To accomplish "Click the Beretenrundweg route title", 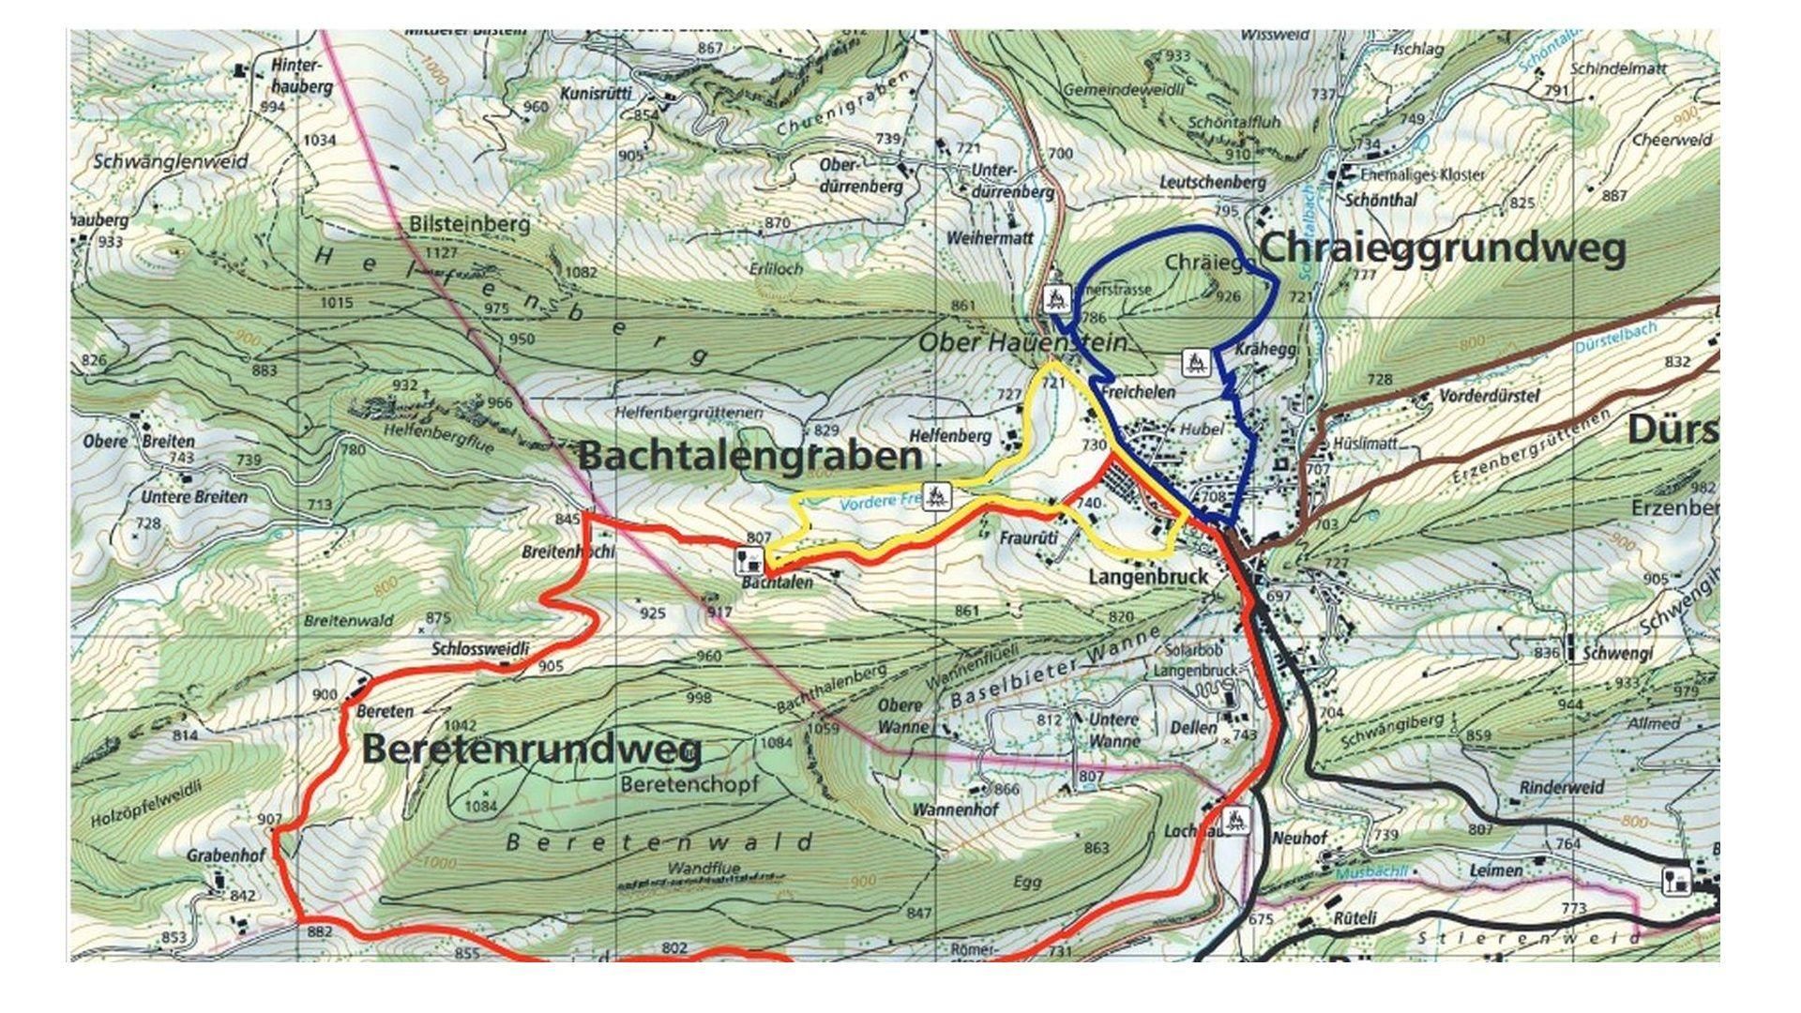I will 532,750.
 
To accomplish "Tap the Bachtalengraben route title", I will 750,457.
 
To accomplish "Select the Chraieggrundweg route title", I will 1442,249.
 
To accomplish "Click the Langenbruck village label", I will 1148,578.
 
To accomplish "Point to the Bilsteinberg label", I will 469,225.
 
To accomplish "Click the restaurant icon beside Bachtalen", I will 748,562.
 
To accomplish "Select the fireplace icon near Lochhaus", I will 1236,821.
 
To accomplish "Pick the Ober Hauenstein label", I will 1022,343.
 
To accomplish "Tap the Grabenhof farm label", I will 226,856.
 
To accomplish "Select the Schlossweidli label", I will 479,648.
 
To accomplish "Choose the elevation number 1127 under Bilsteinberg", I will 441,252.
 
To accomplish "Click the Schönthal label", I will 1381,200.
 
